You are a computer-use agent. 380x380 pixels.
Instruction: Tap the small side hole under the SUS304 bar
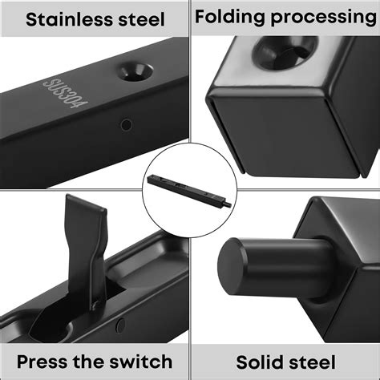125,124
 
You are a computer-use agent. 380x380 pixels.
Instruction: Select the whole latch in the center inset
189,189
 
